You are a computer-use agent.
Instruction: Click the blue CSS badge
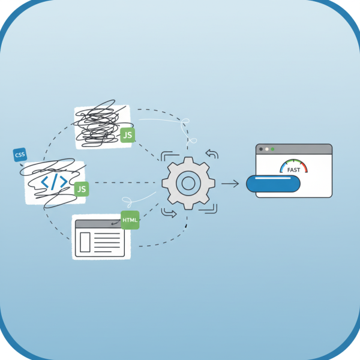(x=20, y=155)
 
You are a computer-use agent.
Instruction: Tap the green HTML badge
(x=130, y=220)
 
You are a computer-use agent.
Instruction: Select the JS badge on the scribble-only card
(x=127, y=136)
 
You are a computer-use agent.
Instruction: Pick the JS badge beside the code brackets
(x=82, y=189)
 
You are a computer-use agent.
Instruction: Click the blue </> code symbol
(x=53, y=182)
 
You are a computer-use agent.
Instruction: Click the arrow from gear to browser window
(x=230, y=183)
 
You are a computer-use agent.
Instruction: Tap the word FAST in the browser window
(x=294, y=170)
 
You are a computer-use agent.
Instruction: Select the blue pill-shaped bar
(x=273, y=184)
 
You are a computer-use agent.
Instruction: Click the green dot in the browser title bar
(x=272, y=149)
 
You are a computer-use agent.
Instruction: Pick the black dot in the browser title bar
(x=260, y=149)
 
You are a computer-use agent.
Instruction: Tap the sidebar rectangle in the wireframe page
(x=84, y=242)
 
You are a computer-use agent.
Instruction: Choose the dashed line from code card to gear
(x=126, y=182)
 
